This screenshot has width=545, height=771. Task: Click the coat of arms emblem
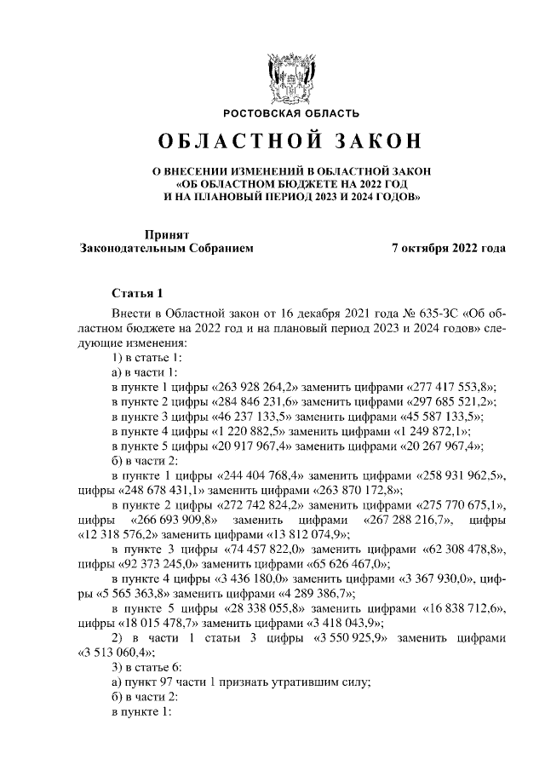[291, 77]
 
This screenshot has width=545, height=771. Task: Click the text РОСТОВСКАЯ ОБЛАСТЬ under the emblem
[291, 113]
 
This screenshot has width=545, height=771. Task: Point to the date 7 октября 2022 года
[448, 248]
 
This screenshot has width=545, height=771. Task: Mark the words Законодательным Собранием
[166, 248]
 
